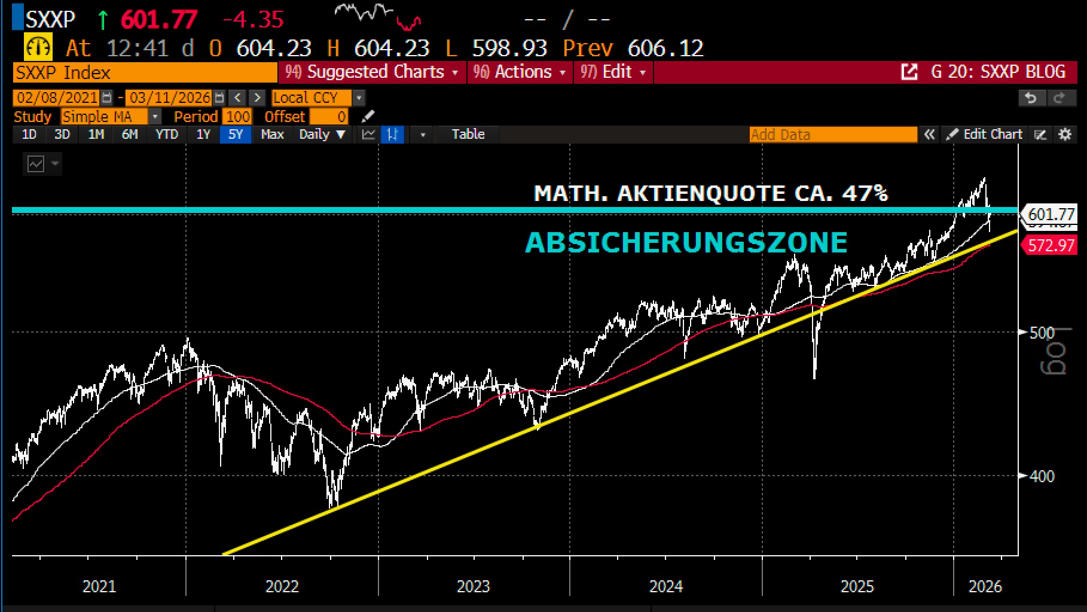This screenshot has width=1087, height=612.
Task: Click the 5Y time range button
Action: coord(236,135)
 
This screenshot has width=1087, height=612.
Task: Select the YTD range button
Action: coord(167,135)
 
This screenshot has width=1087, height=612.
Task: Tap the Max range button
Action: coord(272,135)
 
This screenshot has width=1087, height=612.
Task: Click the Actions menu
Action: coord(520,72)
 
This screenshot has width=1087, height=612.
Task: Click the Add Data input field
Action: coord(832,135)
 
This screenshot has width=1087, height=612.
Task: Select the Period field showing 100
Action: coord(238,117)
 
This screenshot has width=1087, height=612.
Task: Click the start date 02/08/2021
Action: coord(57,98)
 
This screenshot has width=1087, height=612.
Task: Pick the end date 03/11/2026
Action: coord(170,98)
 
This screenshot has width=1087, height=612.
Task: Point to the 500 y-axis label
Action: coord(1042,333)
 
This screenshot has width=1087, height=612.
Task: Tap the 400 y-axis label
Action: coord(1042,477)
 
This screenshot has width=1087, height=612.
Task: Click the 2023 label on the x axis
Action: coord(473,586)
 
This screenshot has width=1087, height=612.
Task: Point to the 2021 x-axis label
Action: coord(99,586)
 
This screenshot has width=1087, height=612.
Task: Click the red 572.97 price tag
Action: coord(1052,245)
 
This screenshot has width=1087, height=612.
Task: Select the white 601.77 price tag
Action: coord(1052,214)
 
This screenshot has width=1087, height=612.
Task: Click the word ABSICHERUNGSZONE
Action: coord(686,243)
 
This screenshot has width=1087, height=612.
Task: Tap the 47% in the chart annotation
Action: coord(865,193)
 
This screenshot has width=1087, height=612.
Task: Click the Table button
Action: coord(468,135)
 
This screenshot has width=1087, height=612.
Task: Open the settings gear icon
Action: coord(1065,135)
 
